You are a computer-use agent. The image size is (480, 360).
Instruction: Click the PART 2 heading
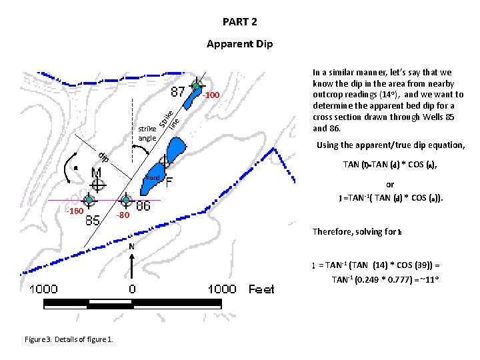239,22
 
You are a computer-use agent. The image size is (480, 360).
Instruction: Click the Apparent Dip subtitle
239,45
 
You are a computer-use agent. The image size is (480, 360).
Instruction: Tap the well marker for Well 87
197,86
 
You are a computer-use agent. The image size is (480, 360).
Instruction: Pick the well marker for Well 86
126,199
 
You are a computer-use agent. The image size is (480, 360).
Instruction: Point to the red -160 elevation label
73,212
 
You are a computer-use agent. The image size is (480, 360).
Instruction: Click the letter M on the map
97,173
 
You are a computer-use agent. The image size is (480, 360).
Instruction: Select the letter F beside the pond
171,181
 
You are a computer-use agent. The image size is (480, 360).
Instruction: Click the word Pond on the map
153,178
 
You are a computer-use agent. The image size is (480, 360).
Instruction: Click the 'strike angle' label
147,133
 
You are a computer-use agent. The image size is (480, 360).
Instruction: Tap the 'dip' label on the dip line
104,157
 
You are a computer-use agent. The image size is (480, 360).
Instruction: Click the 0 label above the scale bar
132,289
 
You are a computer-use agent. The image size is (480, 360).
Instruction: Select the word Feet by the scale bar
261,289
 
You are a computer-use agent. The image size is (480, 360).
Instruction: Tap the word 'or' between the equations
390,185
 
